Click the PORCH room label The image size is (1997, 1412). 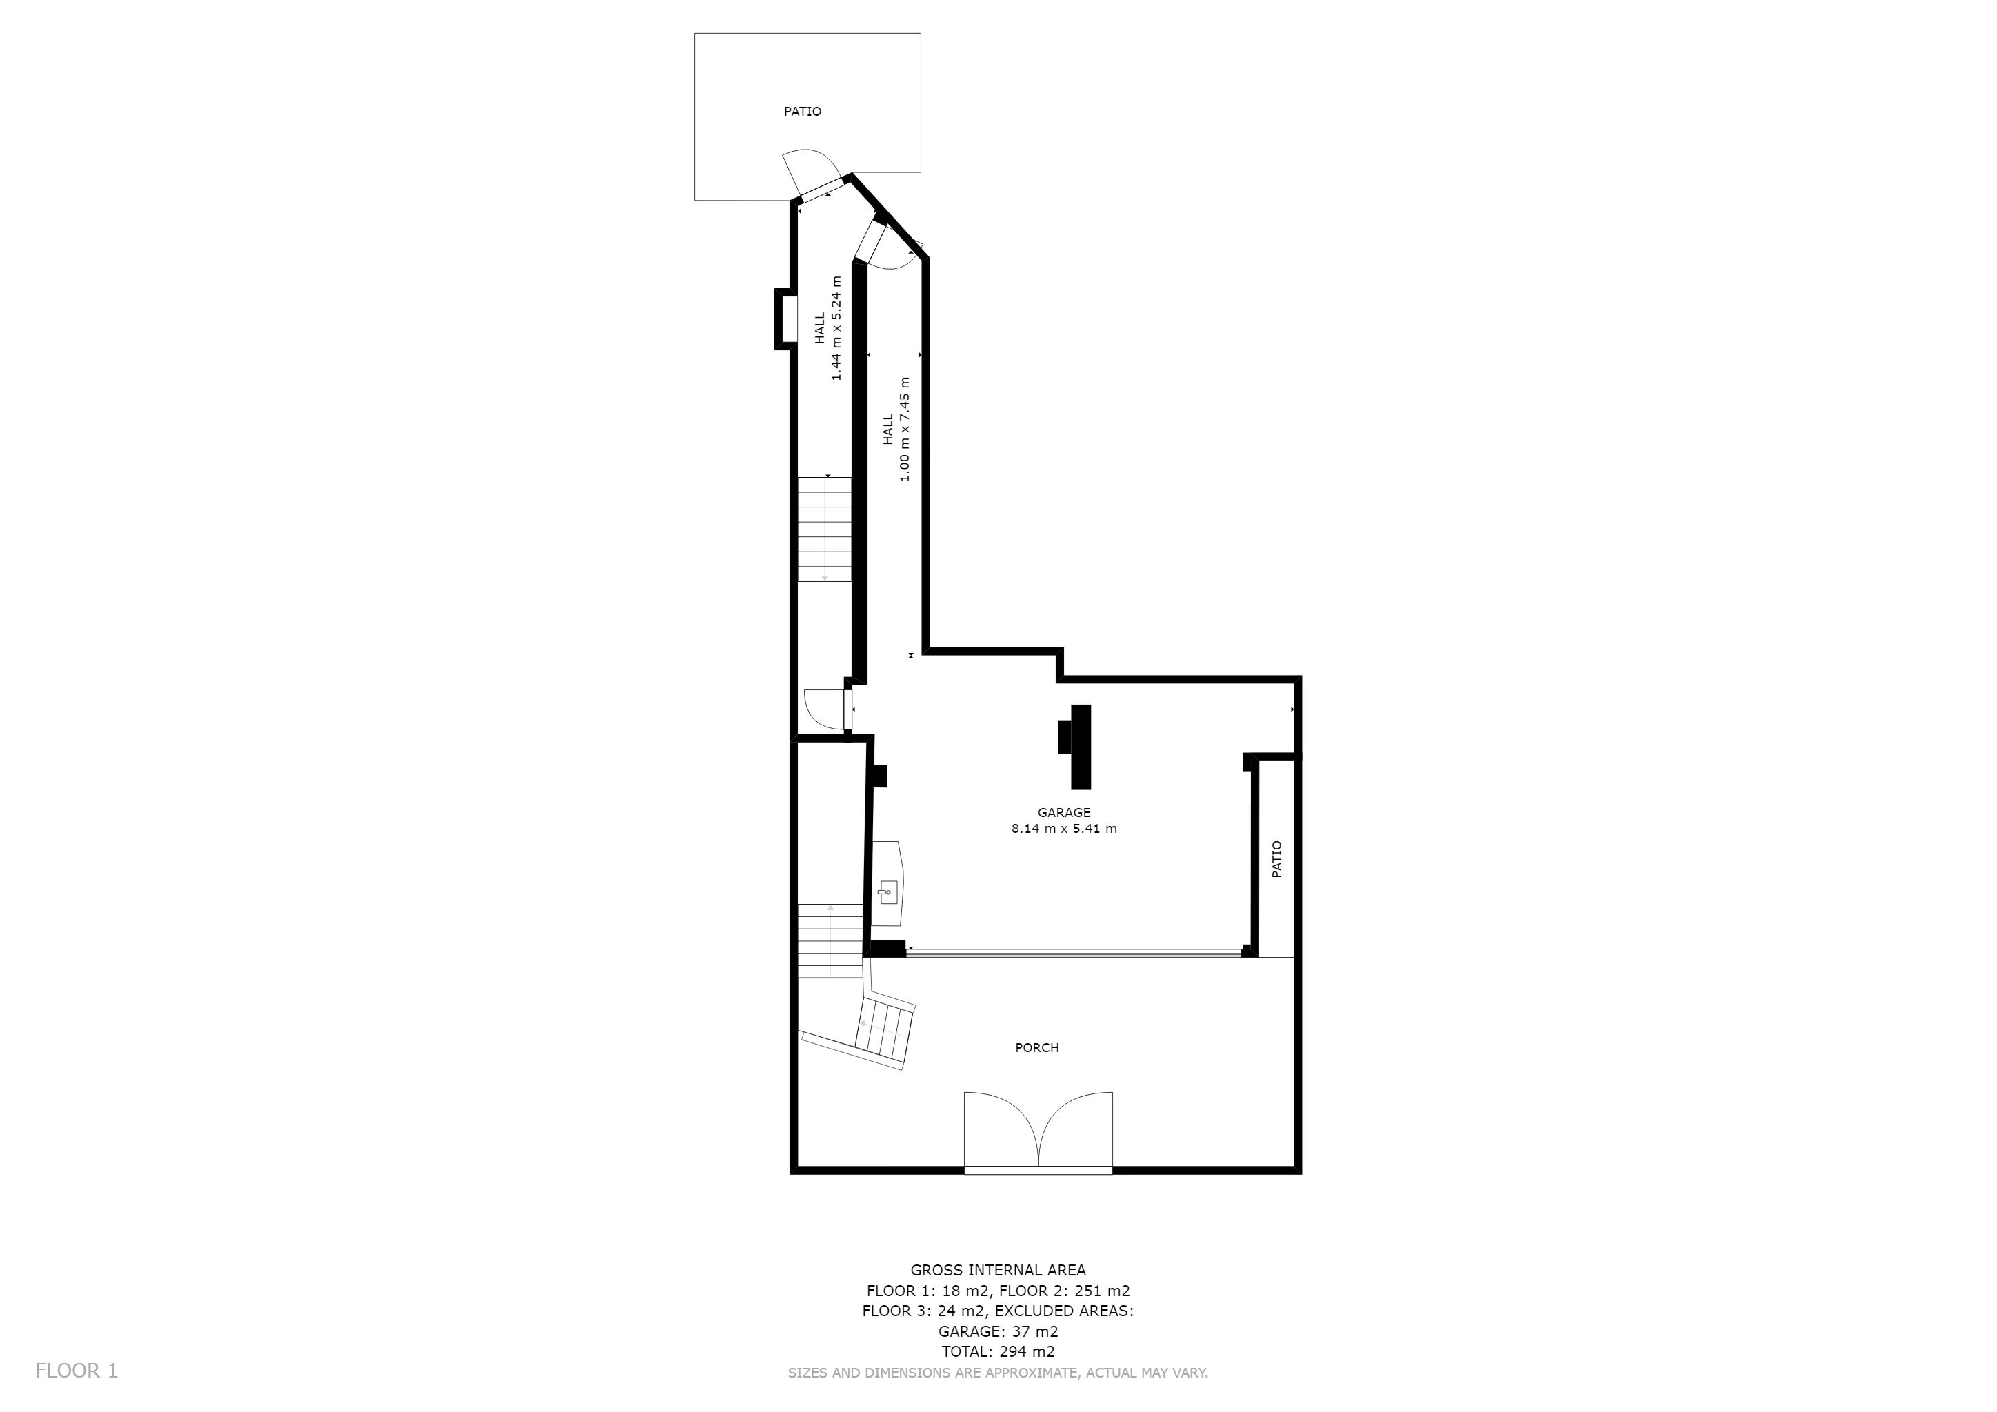(x=1036, y=1048)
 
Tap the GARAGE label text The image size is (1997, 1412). (x=1064, y=813)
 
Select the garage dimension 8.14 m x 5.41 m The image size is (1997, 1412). (x=1064, y=829)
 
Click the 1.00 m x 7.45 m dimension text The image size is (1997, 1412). (x=905, y=429)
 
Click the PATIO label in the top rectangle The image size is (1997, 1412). (x=802, y=111)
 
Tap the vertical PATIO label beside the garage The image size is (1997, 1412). (x=1277, y=859)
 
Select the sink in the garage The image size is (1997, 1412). (x=887, y=882)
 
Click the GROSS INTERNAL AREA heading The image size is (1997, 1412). (x=998, y=1270)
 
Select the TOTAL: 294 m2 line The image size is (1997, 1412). (x=998, y=1351)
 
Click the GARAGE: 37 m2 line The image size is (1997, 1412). (x=998, y=1331)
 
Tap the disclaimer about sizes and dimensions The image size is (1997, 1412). (x=998, y=1373)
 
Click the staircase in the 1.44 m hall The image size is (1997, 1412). (x=825, y=529)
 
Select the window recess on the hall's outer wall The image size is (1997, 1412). (x=785, y=319)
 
